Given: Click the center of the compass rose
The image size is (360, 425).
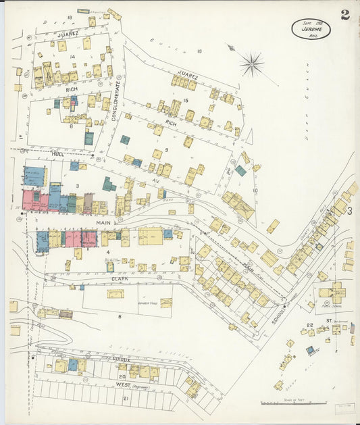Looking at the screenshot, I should [x=251, y=65].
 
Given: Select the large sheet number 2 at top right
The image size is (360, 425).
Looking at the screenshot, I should [x=345, y=15].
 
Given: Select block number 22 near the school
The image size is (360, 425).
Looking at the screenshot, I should [x=309, y=326].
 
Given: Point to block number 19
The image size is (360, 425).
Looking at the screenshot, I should [x=199, y=51].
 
